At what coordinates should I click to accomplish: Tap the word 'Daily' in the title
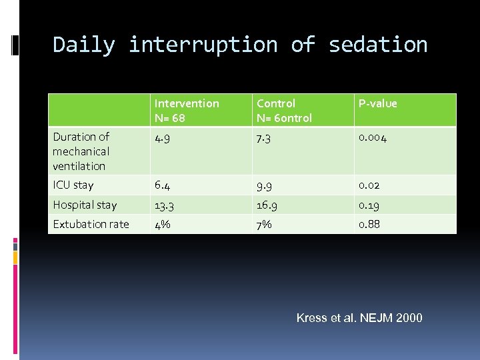click(84, 45)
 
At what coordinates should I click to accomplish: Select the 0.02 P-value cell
click(370, 185)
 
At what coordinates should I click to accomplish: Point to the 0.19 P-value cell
click(369, 205)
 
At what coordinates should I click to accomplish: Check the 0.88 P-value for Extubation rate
click(370, 224)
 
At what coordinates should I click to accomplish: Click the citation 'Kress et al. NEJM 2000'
click(359, 318)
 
